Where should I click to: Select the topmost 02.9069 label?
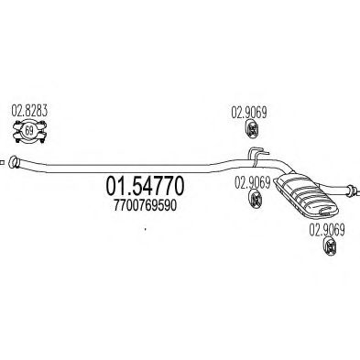pyautogui.click(x=245, y=113)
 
